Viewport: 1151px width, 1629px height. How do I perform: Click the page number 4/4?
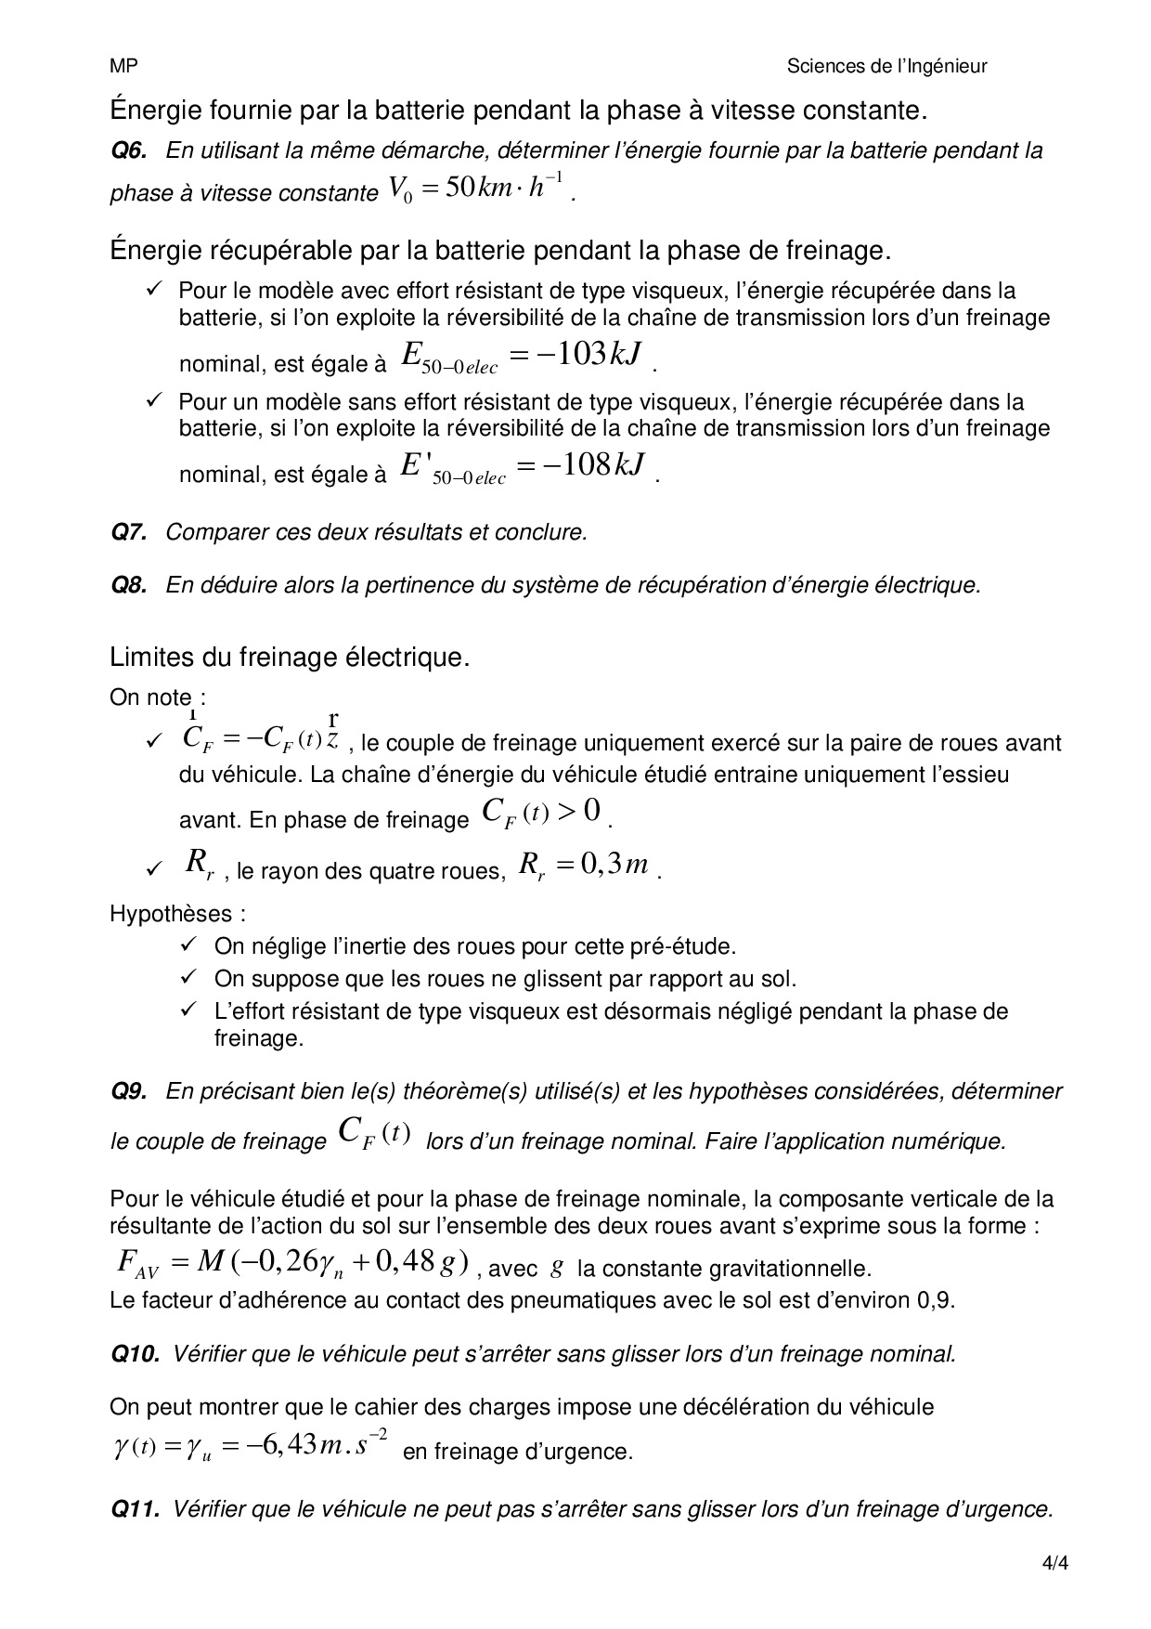(x=1055, y=1562)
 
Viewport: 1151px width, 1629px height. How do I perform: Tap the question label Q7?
(x=129, y=532)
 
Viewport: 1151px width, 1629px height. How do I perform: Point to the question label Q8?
(x=129, y=585)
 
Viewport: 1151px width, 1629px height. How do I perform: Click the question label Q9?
(x=129, y=1091)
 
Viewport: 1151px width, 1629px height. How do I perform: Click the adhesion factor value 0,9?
(x=939, y=1299)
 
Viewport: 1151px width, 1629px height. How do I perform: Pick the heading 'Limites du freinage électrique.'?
(x=290, y=658)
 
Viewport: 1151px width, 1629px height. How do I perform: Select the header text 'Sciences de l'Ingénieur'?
(x=886, y=66)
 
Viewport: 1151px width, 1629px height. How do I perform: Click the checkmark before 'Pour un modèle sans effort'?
(x=154, y=400)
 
